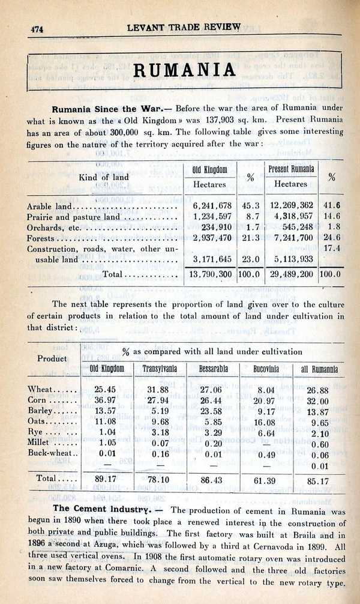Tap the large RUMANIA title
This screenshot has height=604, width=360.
coord(184,70)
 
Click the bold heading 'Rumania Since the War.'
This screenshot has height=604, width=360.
coord(112,110)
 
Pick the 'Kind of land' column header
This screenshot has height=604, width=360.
coord(104,178)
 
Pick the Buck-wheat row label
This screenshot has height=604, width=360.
coord(53,453)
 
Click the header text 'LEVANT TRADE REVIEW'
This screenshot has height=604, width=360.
coord(184,27)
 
